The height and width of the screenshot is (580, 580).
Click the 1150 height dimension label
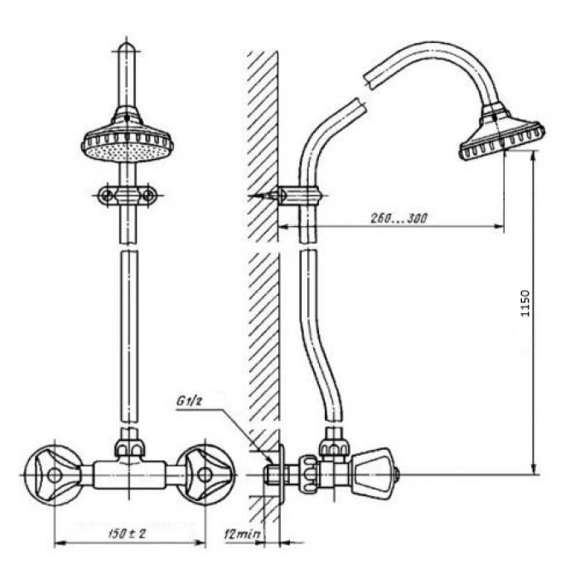(x=525, y=303)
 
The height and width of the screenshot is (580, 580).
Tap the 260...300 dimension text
(x=399, y=219)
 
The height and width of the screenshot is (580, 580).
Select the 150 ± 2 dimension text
(x=127, y=534)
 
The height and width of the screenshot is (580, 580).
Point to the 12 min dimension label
(x=242, y=534)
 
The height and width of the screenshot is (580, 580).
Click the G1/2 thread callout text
(x=189, y=401)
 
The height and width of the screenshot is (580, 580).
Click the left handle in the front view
(x=55, y=476)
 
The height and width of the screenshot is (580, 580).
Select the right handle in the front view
(x=205, y=475)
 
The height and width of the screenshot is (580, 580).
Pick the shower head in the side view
(x=502, y=133)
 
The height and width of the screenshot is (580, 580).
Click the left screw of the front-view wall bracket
(x=107, y=195)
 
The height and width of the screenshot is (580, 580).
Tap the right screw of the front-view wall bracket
(x=148, y=195)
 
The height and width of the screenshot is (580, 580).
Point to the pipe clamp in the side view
(x=300, y=196)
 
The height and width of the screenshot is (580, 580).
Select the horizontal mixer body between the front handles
(x=129, y=475)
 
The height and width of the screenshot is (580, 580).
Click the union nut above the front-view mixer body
(x=129, y=447)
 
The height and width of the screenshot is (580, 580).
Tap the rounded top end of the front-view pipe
(x=127, y=49)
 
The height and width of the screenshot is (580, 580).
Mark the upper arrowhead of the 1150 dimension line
(x=533, y=157)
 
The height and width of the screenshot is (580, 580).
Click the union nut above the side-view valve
(x=334, y=447)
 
